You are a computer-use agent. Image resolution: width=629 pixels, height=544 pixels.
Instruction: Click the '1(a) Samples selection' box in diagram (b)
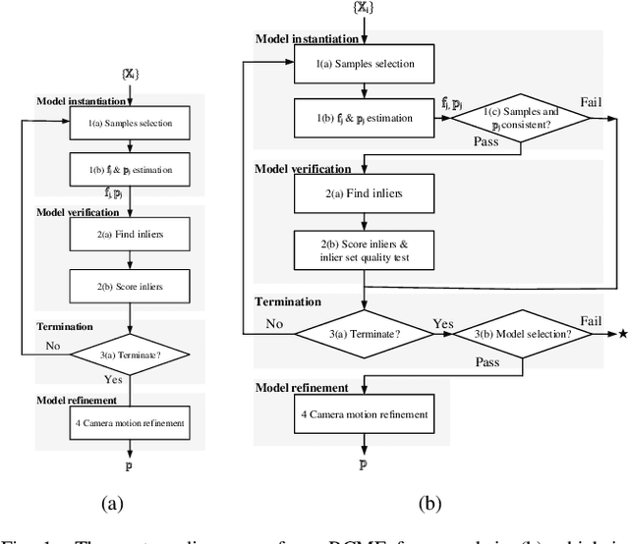pos(364,64)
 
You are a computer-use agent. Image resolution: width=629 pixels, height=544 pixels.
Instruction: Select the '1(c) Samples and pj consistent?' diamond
pos(521,118)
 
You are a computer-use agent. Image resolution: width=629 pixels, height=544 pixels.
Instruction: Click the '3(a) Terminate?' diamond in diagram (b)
pos(364,334)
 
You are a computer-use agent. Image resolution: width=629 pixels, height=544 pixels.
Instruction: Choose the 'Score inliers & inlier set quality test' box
pos(364,250)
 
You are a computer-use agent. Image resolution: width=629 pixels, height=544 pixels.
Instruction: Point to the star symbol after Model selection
pos(621,334)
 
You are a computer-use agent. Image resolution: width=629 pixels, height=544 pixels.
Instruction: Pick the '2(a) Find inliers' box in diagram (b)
pos(364,193)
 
